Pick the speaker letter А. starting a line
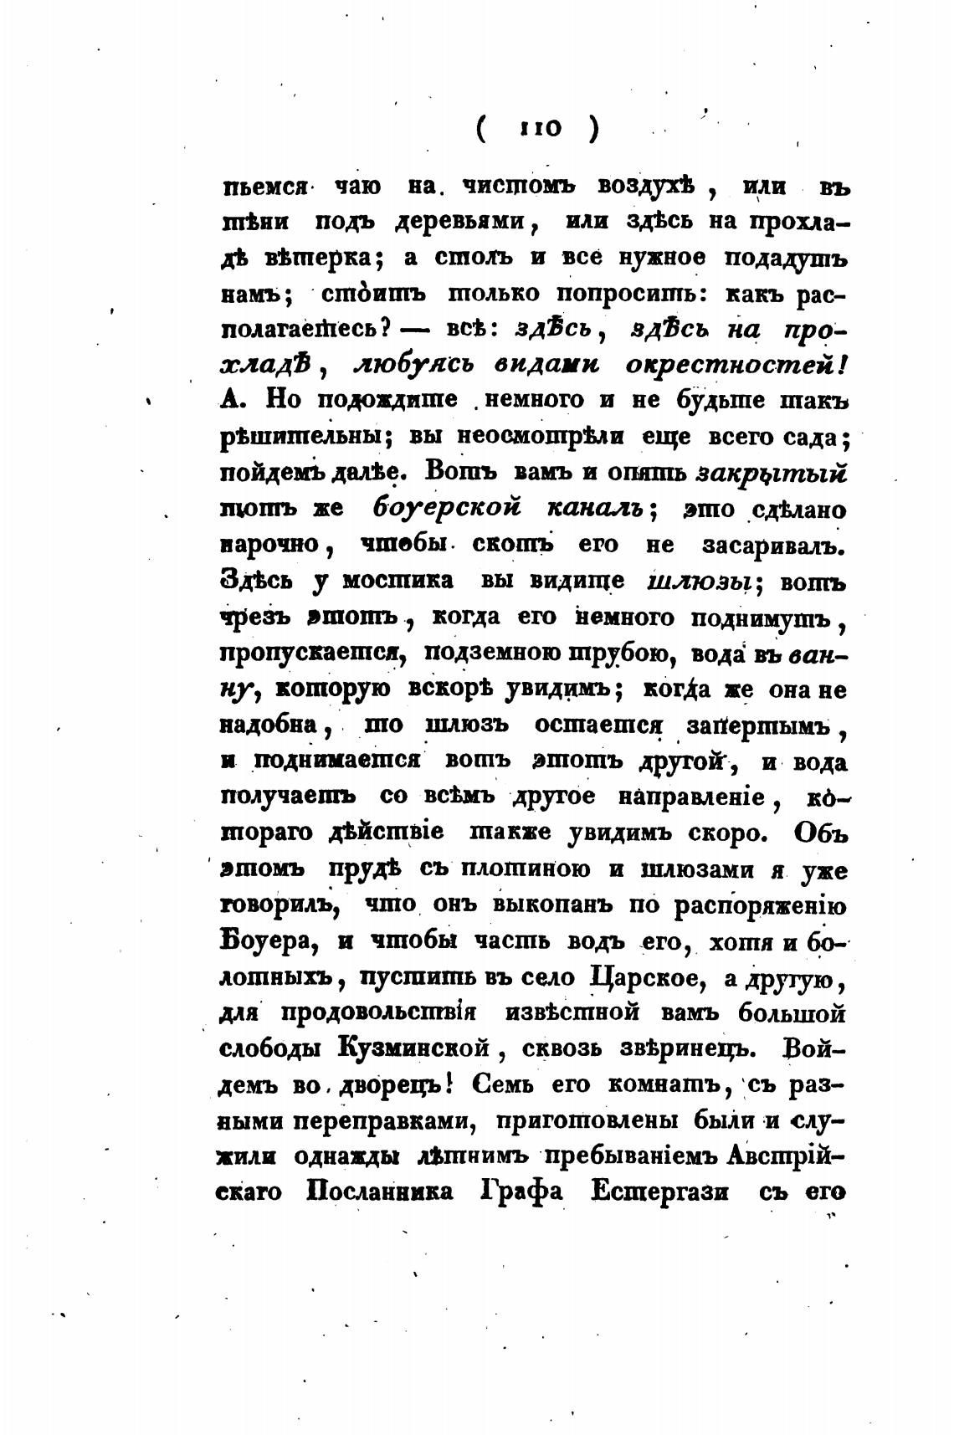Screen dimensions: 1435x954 click(233, 400)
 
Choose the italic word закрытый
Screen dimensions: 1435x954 click(773, 473)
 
